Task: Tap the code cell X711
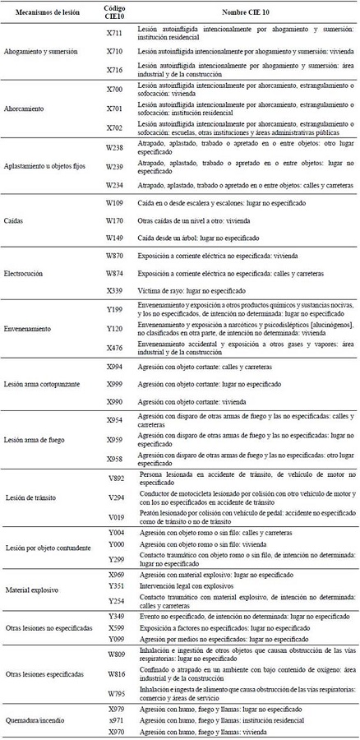pyautogui.click(x=115, y=33)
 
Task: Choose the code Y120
pyautogui.click(x=115, y=328)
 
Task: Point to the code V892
pyautogui.click(x=115, y=476)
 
